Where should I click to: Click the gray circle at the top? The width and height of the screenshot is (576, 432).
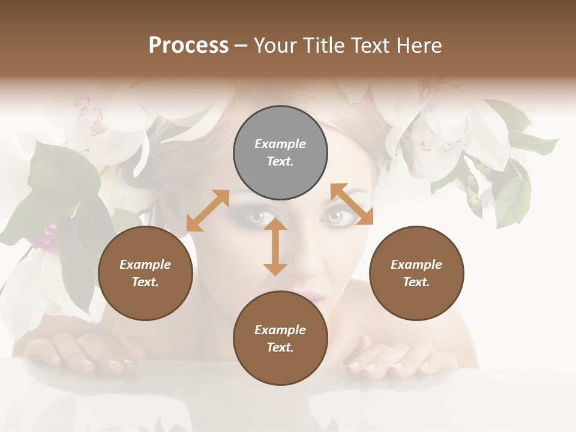click(x=280, y=153)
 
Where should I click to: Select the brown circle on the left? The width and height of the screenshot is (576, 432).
click(x=145, y=274)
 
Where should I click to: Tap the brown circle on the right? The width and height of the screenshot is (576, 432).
click(x=416, y=274)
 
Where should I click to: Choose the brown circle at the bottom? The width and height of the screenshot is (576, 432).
click(x=280, y=338)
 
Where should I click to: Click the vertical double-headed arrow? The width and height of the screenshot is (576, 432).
click(x=275, y=247)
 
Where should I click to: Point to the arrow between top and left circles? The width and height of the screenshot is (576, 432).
click(x=208, y=211)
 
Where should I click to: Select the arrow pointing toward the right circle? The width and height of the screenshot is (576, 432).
click(x=352, y=205)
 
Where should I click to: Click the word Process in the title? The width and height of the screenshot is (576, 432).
click(x=188, y=45)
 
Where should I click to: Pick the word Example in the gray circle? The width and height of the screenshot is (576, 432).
click(x=280, y=144)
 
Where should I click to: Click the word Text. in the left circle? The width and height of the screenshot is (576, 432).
click(x=145, y=282)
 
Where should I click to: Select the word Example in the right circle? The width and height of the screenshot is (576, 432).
click(x=416, y=265)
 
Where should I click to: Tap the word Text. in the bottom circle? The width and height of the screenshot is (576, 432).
click(x=280, y=347)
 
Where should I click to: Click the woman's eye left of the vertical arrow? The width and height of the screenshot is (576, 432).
click(x=256, y=217)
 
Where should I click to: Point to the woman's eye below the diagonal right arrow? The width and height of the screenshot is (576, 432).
click(x=332, y=217)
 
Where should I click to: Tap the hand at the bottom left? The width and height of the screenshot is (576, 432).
click(x=90, y=354)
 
